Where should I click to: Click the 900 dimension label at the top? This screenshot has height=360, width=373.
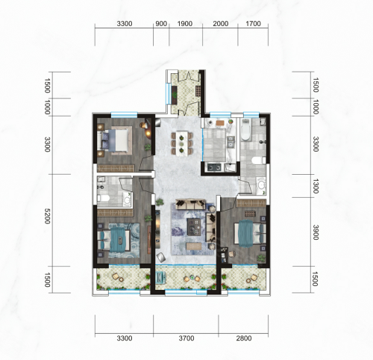coord(161,24)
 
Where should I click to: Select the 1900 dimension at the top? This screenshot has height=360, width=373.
coord(185,24)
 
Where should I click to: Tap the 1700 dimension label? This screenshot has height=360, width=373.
coord(253,24)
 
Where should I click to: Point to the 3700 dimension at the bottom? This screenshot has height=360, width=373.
coord(186,338)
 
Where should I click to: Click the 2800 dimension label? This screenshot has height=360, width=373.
coord(244,338)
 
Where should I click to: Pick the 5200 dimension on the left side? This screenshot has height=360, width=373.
coord(47,216)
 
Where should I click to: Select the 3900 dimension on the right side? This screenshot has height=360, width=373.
coord(316,232)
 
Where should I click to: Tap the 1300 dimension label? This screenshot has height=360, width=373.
coord(316,186)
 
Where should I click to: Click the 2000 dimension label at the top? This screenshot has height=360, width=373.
coord(221,24)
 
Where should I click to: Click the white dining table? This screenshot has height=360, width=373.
coord(182,143)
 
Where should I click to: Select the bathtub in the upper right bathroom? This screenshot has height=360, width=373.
coord(245,130)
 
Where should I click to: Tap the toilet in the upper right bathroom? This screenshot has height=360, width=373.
coord(259,161)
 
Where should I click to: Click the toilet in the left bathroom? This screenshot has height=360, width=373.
coord(104,198)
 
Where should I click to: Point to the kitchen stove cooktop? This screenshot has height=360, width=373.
coord(214,167)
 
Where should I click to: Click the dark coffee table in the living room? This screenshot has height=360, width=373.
coord(194,227)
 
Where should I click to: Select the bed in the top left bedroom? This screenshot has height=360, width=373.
coord(115,140)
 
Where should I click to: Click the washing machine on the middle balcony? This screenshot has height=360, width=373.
coord(160,277)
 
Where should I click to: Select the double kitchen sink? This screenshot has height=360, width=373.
coord(231,141)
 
